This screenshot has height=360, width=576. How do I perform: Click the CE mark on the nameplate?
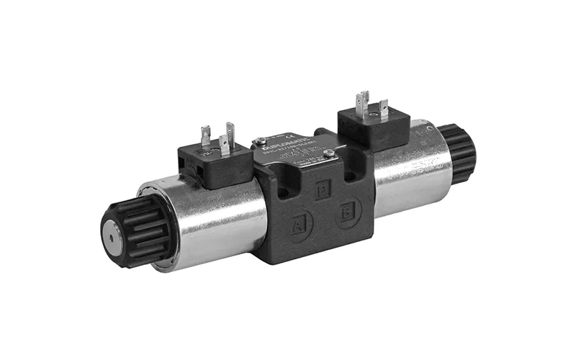point(292,135)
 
